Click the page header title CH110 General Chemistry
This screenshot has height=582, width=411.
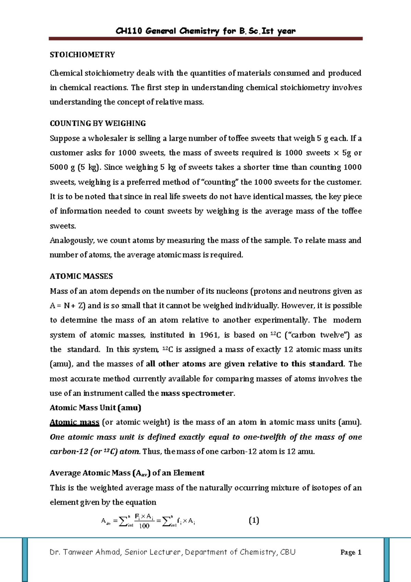point(206,31)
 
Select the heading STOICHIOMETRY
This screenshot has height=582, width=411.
point(82,55)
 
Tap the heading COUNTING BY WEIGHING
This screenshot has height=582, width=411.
point(98,123)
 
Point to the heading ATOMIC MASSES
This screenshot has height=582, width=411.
point(81,276)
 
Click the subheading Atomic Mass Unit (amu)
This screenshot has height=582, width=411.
point(95,408)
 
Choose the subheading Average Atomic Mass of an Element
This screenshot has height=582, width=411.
point(127,473)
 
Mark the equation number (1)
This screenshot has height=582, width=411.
point(254,521)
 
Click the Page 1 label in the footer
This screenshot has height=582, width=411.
point(351,552)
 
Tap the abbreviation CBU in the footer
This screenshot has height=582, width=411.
point(288,552)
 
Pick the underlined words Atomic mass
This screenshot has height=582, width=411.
point(74,422)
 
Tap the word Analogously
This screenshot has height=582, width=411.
point(72,241)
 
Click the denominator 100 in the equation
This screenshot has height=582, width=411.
point(144,526)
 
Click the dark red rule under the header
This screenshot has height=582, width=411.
point(206,39)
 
